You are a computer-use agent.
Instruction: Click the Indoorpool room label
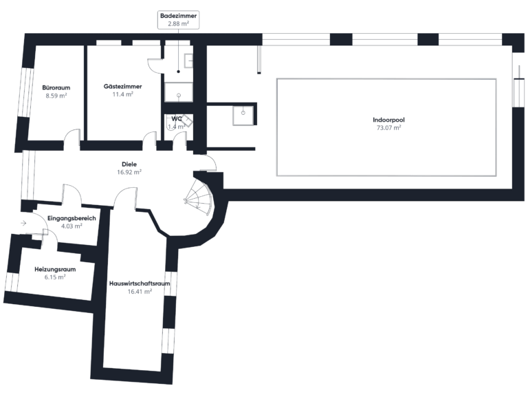[388, 119]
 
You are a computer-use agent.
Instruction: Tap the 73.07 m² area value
[388, 127]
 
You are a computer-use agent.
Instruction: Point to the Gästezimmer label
[122, 87]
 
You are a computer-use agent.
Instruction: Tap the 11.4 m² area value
[122, 94]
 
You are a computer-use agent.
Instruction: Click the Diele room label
[129, 164]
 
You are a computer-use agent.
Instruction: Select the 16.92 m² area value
[129, 173]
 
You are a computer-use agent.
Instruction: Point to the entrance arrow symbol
[23, 223]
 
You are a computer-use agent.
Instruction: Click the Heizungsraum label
[55, 269]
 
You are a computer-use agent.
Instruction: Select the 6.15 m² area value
[55, 277]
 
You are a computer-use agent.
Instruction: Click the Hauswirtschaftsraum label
[140, 283]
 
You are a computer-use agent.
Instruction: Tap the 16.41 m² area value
[140, 292]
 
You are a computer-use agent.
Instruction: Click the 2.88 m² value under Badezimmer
[173, 23]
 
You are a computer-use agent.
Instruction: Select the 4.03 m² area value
[71, 226]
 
